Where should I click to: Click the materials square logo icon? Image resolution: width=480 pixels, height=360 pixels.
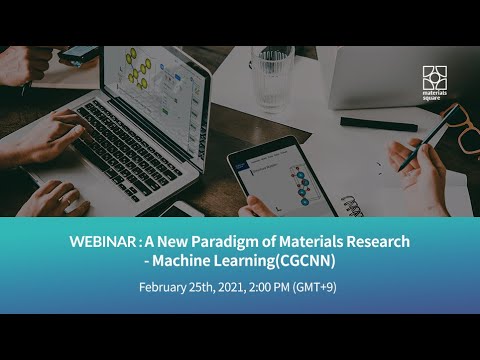click(433, 77)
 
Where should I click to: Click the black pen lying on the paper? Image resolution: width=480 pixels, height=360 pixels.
click(378, 123)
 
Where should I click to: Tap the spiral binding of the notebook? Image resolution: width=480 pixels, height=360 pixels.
click(353, 205)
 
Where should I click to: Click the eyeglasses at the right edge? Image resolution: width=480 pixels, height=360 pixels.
click(466, 130)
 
